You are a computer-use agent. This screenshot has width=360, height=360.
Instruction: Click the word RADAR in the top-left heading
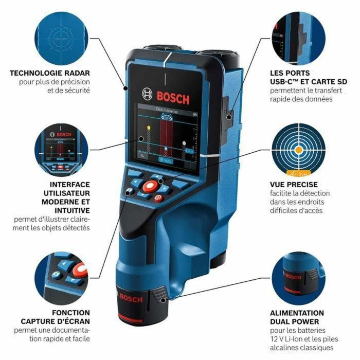tap(75, 73)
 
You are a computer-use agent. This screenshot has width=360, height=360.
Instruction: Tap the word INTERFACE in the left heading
tap(69, 184)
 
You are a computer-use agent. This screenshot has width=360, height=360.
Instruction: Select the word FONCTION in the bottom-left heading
tap(70, 313)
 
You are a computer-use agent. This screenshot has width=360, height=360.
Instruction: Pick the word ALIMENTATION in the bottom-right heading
tap(297, 313)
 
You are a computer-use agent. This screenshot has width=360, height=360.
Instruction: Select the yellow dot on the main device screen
tap(149, 127)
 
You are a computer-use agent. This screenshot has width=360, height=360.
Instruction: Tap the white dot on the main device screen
tap(140, 139)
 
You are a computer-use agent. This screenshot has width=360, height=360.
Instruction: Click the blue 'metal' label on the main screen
tap(166, 160)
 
